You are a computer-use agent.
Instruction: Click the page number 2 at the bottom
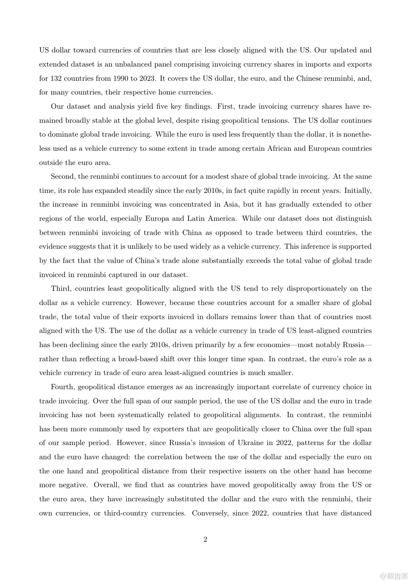[205, 539]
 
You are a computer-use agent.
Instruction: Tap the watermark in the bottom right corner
[394, 576]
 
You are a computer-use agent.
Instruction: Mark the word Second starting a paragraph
[63, 176]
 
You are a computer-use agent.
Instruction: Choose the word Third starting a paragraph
[60, 289]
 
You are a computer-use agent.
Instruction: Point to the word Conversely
[210, 513]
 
